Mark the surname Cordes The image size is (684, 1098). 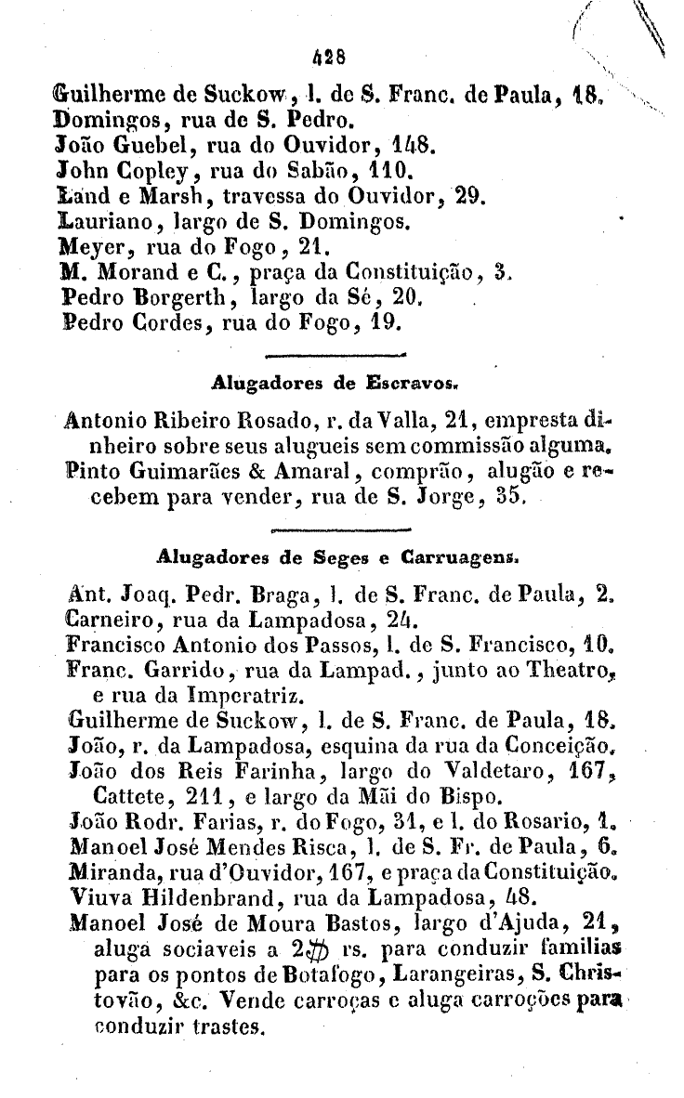[146, 325]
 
